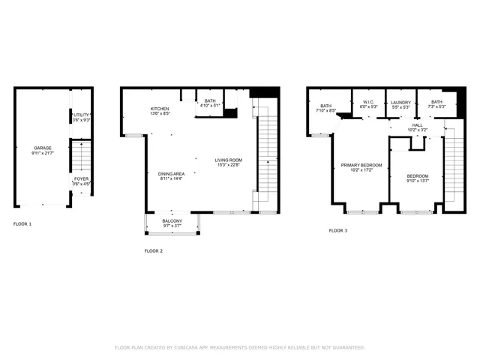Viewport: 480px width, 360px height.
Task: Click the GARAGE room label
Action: coord(42,148)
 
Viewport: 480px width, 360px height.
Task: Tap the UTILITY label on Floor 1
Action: coord(81,115)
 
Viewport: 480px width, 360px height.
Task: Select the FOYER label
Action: coord(81,178)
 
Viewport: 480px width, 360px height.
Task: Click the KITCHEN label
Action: coord(159,109)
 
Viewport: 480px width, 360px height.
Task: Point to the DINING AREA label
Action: coord(171,173)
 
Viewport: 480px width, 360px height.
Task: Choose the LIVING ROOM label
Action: coord(228,160)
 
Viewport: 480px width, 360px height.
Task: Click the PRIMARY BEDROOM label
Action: coord(361,165)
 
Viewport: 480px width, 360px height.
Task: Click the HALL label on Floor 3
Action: coord(417,125)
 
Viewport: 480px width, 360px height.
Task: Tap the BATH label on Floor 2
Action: coord(209,100)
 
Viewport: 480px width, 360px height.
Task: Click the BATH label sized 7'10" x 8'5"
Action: coord(326,106)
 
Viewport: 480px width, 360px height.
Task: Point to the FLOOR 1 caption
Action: coord(23,223)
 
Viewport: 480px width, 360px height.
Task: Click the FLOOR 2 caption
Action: coord(153,250)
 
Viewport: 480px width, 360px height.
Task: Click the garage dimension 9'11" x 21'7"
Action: coord(42,153)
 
